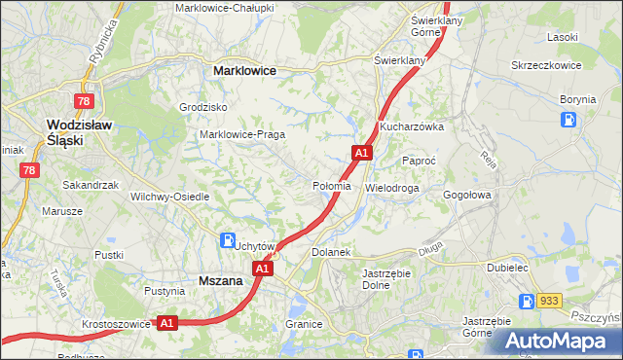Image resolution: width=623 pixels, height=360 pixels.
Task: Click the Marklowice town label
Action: [244, 71]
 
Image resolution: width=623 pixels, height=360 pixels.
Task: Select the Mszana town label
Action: [220, 279]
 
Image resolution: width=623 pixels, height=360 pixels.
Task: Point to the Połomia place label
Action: [332, 185]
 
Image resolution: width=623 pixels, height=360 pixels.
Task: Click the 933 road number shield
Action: [550, 302]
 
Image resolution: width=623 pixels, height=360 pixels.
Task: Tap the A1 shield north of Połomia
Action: [361, 153]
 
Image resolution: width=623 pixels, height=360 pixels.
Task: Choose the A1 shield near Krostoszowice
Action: [166, 323]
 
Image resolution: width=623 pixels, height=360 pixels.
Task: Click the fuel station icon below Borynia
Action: [568, 121]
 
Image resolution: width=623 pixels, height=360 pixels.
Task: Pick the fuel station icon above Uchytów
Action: [227, 239]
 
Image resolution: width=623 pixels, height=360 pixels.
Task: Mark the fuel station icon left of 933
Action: [528, 302]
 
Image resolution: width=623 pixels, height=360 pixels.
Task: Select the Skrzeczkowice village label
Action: [546, 65]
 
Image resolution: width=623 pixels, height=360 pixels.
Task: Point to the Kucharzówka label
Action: [412, 126]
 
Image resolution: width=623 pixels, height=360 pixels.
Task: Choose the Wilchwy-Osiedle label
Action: [170, 196]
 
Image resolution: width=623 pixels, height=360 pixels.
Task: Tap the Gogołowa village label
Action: [469, 195]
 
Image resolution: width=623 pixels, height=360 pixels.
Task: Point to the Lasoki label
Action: [564, 36]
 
